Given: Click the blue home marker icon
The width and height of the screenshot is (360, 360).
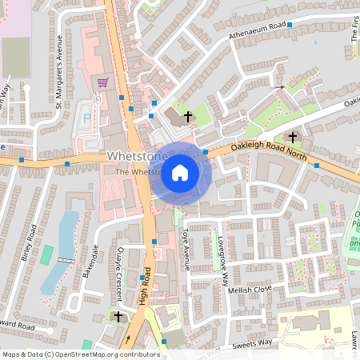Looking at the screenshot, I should coord(180,173).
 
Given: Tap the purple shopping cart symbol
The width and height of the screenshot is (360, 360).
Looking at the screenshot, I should coord(102,82).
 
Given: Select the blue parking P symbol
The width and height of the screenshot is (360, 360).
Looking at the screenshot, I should coord(87,118).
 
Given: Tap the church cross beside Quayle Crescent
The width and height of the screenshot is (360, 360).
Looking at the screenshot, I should coord(118,317).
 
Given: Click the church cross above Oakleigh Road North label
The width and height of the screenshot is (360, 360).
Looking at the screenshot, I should coord(293,137).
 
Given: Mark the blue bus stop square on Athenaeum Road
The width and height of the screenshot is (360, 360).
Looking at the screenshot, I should coord(290,25).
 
